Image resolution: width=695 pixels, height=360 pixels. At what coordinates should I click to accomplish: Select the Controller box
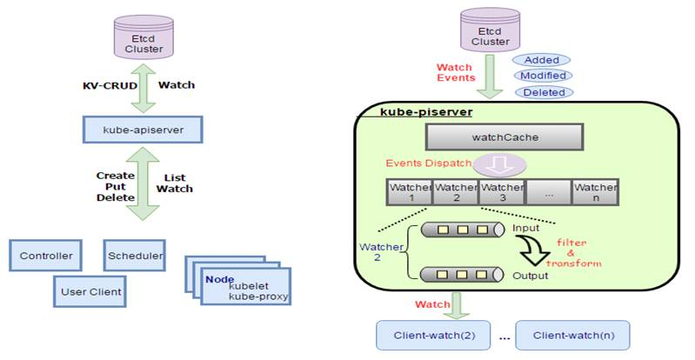point(46,257)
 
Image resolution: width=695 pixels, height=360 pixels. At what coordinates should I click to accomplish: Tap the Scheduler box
point(134,256)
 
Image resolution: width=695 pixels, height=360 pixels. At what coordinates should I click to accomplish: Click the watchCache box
point(493,137)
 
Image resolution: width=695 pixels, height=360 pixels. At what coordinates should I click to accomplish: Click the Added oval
point(541,60)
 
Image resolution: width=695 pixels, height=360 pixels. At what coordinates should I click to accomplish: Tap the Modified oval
point(541,76)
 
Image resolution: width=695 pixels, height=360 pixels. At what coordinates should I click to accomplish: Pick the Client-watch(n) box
point(571,334)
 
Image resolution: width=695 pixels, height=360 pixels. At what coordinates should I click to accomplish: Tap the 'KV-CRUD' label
point(106,85)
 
